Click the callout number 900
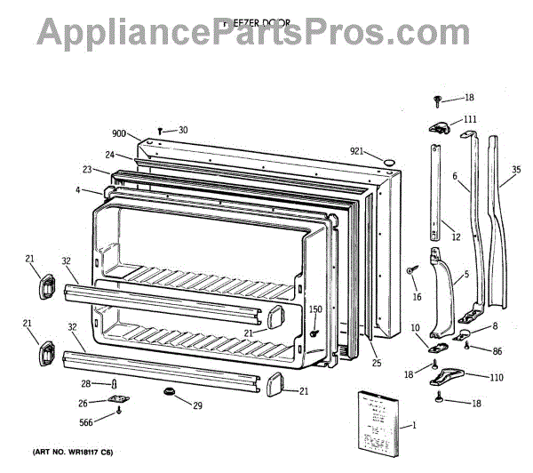coord(120,133)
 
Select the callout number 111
coord(469,118)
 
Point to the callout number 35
coord(516,169)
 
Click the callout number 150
coord(315,309)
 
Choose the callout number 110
coord(496,378)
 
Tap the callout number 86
coord(497,352)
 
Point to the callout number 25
coord(376,363)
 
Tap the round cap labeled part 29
coord(168,392)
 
